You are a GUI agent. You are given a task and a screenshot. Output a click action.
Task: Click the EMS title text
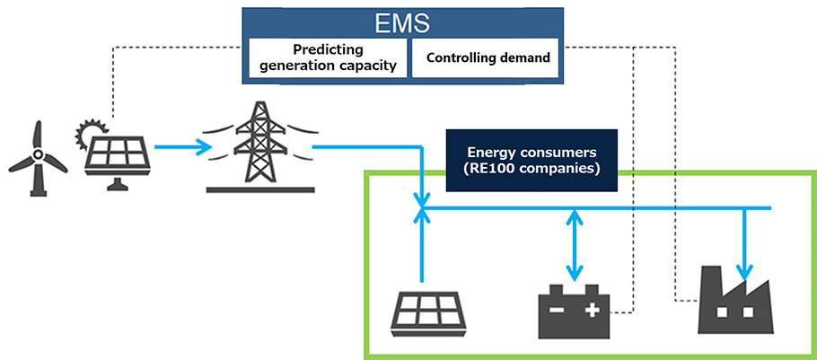(401, 23)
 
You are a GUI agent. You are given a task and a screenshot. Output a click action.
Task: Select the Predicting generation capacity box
(328, 57)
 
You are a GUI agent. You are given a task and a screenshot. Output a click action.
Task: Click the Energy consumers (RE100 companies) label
(531, 161)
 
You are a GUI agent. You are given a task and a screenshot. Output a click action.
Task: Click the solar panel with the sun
(114, 154)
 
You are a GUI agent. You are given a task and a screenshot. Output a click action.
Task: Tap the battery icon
(573, 311)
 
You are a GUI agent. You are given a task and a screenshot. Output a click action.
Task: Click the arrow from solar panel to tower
(183, 147)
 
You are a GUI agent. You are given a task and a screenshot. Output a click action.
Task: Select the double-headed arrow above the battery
(575, 244)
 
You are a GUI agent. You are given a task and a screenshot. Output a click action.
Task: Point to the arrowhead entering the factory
(745, 271)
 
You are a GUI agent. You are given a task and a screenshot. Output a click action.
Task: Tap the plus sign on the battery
(591, 311)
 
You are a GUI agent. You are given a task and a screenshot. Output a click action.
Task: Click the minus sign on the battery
(556, 311)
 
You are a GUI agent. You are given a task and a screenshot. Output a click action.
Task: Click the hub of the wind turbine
(37, 154)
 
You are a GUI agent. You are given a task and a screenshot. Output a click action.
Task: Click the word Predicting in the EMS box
(328, 50)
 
